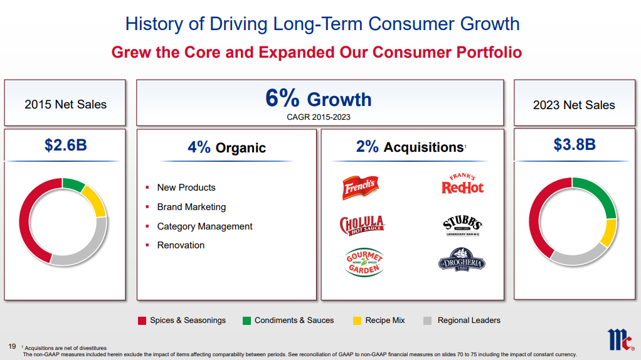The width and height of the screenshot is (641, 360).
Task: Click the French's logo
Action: coord(359,186)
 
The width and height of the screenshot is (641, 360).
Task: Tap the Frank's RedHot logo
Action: coord(463,184)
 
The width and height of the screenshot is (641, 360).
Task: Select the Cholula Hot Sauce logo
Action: coord(361,225)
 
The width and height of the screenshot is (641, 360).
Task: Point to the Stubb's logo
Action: coord(463,225)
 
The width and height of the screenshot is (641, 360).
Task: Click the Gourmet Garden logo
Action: coord(364,262)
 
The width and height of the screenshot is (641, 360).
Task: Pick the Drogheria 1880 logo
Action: coord(462,260)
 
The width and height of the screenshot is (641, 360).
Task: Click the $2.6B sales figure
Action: coord(65,146)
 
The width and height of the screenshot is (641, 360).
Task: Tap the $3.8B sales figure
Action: coord(574,145)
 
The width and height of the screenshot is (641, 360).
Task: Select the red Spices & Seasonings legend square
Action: coord(142,320)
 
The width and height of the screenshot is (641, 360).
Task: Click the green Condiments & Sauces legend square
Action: coord(246,320)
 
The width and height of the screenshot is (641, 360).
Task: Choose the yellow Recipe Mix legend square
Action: coord(357,320)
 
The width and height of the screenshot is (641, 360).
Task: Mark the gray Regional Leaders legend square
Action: coord(428,320)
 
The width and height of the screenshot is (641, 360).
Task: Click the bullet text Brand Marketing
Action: coord(191,207)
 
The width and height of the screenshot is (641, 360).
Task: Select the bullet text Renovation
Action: coord(181,245)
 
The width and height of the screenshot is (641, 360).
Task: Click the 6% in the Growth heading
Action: coord(283,98)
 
